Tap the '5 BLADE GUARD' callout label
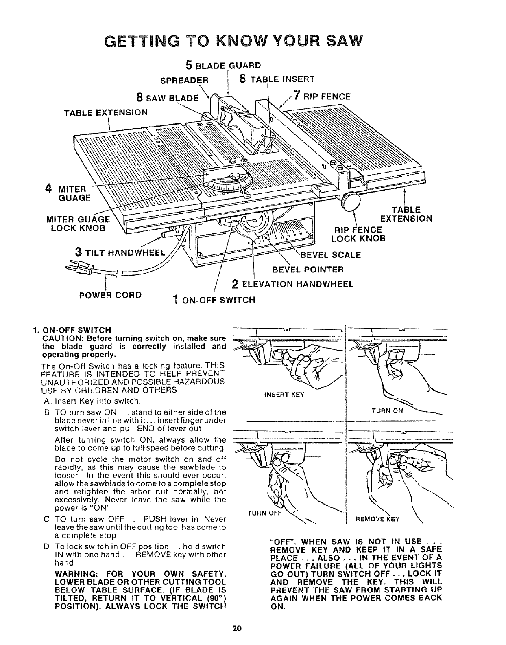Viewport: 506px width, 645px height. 222,65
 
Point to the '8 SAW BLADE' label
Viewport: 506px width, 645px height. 168,98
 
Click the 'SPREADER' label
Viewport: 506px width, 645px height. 184,80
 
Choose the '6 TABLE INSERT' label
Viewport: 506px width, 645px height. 277,79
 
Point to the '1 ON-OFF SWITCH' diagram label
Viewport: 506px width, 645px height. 214,300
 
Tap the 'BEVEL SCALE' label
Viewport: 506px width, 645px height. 331,255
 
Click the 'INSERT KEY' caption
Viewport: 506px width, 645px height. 284,395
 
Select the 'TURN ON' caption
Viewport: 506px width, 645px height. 387,410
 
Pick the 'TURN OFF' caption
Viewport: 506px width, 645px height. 264,513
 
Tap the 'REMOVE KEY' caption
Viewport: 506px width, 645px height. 377,519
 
